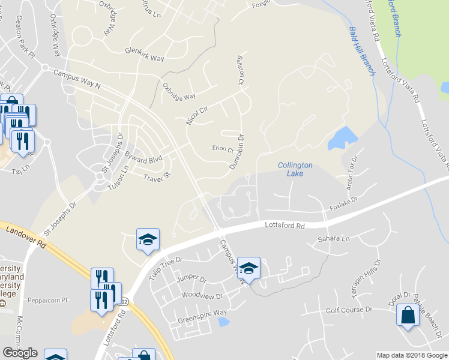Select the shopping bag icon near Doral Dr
point(408,316)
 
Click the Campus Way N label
point(77,79)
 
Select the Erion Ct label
point(222,149)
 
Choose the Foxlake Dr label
point(343,204)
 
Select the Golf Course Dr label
point(349,310)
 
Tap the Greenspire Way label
point(202,316)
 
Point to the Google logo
point(20,353)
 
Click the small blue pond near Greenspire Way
point(223,322)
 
